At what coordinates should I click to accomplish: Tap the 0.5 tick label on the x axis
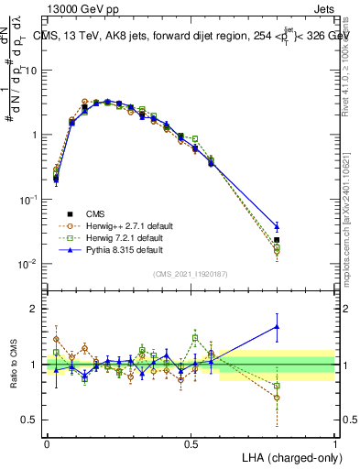coord(191,443)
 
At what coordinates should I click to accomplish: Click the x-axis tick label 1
coord(335,443)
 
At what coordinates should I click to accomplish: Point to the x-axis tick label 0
coord(47,443)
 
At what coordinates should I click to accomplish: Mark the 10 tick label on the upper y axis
coord(29,71)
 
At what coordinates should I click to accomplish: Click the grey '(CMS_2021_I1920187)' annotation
coord(189,273)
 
